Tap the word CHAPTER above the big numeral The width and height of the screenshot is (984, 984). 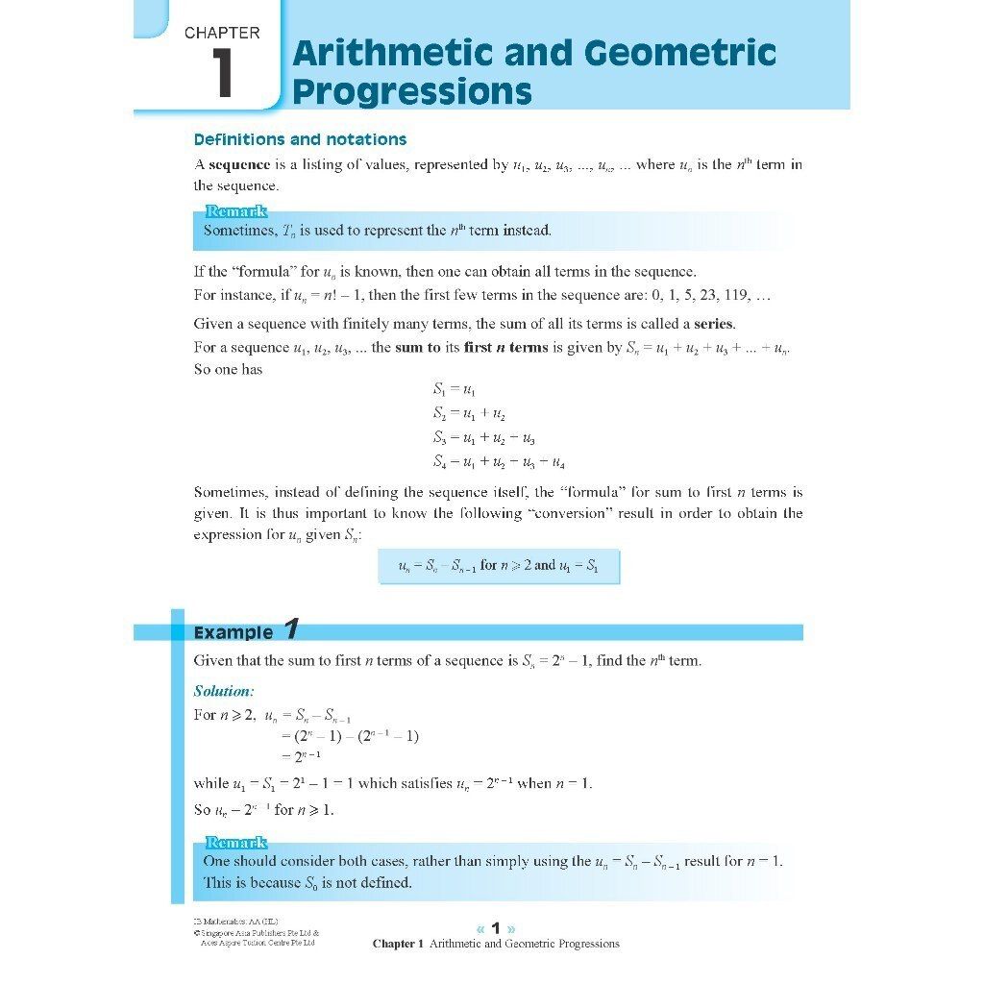pos(222,33)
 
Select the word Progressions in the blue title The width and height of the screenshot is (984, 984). pos(411,92)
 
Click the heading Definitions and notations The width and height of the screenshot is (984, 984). pos(300,139)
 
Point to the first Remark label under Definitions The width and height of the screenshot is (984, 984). pos(235,211)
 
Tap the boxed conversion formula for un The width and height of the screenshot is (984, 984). pos(499,566)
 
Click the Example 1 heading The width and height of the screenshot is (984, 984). pos(247,631)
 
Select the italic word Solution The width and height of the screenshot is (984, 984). pos(223,691)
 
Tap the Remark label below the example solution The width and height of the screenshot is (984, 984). pos(235,843)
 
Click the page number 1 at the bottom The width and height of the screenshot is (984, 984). pos(496,928)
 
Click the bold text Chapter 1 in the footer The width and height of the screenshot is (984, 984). pos(398,944)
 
